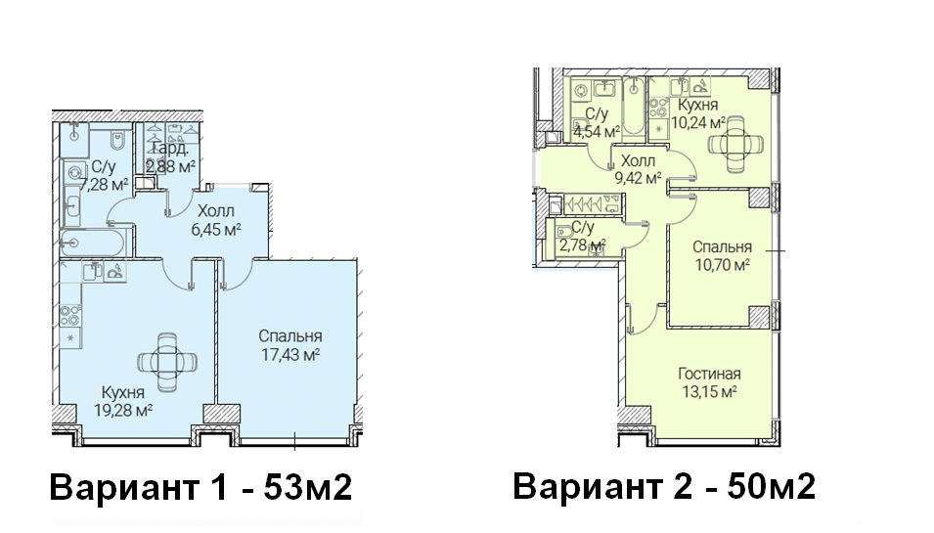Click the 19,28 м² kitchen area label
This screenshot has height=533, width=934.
[123, 410]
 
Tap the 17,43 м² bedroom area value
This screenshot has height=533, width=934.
[290, 355]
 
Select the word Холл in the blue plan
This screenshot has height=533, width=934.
[215, 211]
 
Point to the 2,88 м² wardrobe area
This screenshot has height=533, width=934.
[171, 167]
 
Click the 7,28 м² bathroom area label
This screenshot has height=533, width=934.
[104, 185]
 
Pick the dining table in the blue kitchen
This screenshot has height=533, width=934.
[167, 362]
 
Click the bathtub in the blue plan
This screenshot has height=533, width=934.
[92, 243]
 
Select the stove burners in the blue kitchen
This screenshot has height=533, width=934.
[69, 315]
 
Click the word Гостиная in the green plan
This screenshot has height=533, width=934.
[709, 374]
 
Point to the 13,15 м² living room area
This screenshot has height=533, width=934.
[709, 392]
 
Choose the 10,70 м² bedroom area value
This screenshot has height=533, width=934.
[722, 264]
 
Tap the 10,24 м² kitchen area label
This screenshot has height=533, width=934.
[698, 122]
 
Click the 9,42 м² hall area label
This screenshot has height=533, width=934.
[638, 178]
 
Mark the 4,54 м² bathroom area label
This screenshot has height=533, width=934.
[597, 132]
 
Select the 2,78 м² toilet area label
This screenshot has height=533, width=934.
[583, 244]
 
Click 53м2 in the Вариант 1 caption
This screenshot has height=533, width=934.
[308, 487]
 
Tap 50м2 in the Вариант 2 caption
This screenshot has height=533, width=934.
[772, 486]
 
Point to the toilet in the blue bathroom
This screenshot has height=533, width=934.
[116, 141]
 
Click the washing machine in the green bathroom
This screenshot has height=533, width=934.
[581, 91]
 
